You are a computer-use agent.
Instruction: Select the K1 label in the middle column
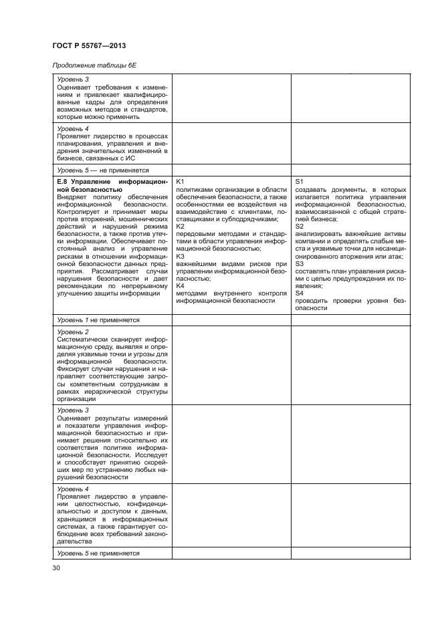(x=181, y=182)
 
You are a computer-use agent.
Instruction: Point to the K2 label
(x=181, y=227)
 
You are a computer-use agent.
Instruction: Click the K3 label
(x=181, y=257)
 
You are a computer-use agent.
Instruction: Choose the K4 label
(x=181, y=286)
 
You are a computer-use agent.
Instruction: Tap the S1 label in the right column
(x=299, y=182)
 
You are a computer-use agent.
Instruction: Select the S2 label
(x=299, y=227)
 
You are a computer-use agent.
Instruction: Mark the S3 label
(x=299, y=264)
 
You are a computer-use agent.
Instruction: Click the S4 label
(x=299, y=293)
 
